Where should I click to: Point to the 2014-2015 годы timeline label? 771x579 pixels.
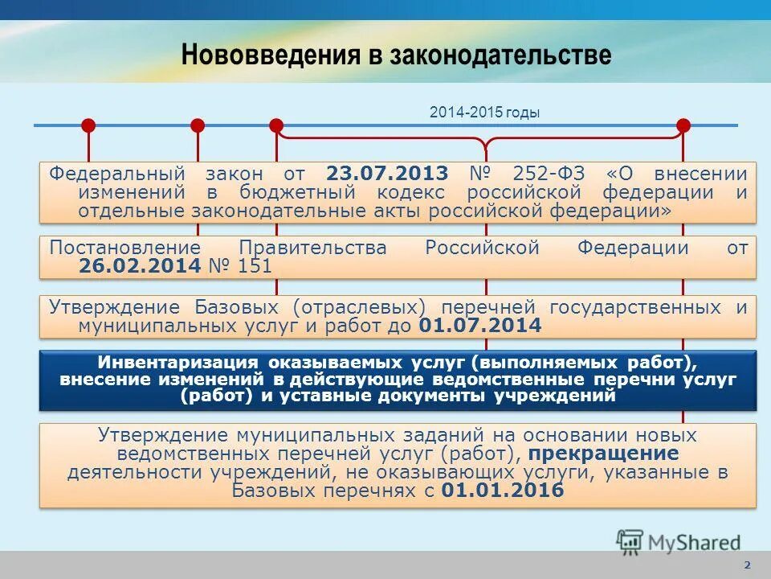pos(485,113)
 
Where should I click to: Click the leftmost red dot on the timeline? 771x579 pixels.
pos(88,125)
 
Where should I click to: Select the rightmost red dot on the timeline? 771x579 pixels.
pos(683,125)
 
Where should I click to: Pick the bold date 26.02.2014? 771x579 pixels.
pos(139,266)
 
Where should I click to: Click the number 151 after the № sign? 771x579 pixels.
pos(255,266)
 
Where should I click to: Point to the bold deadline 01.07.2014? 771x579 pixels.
pos(480,326)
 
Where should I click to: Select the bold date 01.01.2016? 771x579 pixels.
pos(503,491)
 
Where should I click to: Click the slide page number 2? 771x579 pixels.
pos(748,565)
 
